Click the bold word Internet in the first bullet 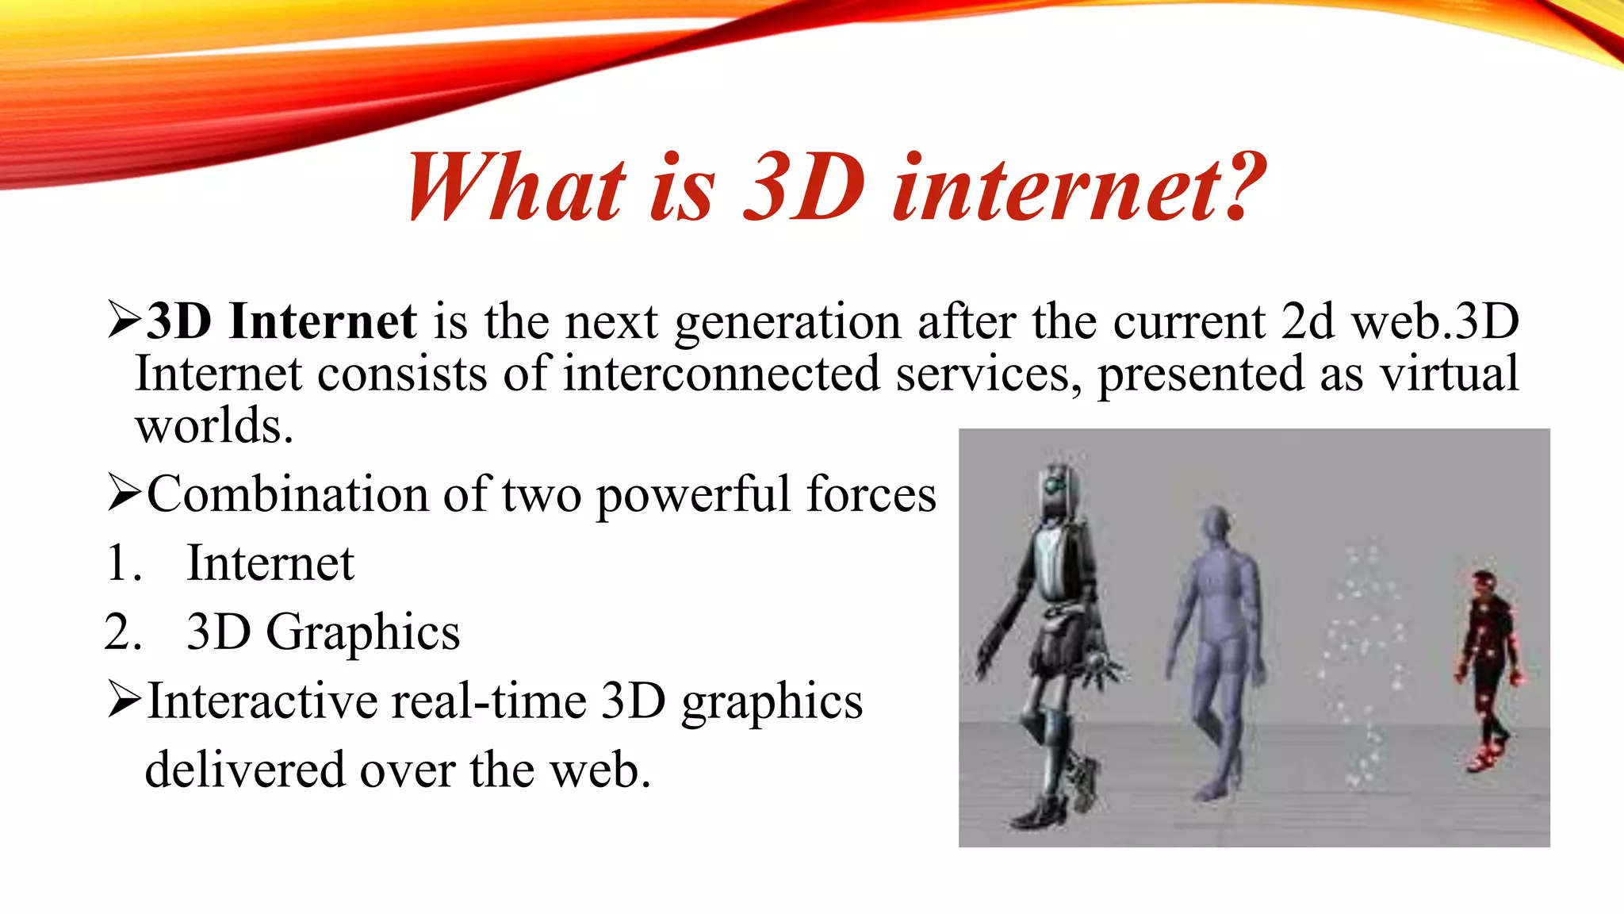322,322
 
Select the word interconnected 721,374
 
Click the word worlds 214,426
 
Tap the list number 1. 123,563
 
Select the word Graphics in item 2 362,633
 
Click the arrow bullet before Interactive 124,700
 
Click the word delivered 244,770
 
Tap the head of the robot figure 1055,488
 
